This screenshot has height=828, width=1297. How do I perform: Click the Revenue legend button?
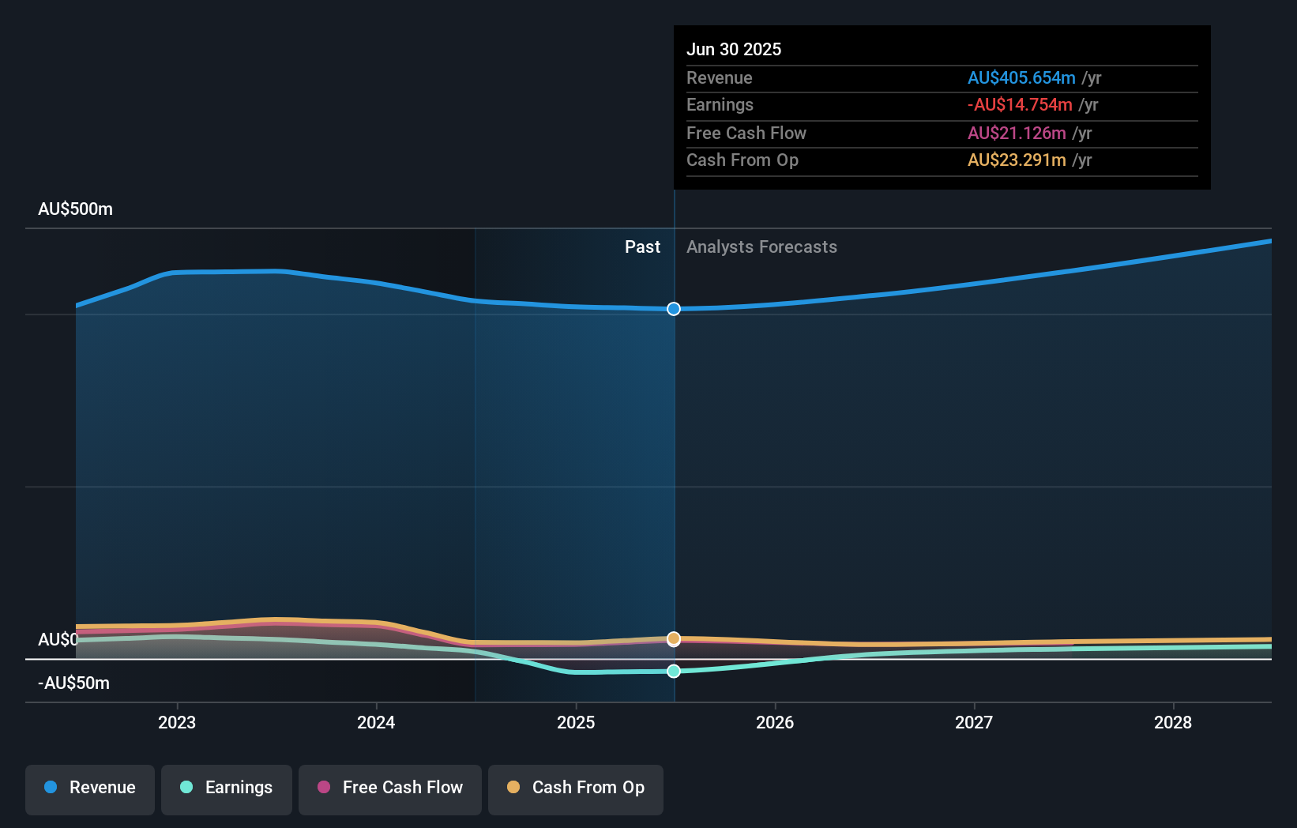coord(90,788)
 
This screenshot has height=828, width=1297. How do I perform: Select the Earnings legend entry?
coord(227,788)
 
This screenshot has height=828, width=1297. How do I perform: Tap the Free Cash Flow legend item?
coord(390,788)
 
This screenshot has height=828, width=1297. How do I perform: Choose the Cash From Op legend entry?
coord(576,788)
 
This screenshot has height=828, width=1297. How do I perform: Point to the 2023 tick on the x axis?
coord(177,722)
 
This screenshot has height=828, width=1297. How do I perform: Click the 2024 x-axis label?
coord(376,722)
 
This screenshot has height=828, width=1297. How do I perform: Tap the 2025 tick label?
coord(576,722)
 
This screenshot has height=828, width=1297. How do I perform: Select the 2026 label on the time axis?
coord(775,722)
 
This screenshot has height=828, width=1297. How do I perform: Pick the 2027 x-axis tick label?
coord(974,722)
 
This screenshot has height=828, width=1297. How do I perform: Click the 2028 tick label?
coord(1173,722)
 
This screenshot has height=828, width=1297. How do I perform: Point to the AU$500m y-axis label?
coord(75,209)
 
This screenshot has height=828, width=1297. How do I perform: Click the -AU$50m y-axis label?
coord(73,683)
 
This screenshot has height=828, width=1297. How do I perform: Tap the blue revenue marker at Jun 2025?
coord(674,309)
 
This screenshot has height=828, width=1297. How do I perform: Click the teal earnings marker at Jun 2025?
coord(674,671)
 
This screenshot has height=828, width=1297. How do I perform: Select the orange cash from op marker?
coord(674,638)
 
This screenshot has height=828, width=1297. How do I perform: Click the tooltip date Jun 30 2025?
coord(734,49)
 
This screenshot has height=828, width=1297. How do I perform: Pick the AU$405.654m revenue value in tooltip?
coord(1021,77)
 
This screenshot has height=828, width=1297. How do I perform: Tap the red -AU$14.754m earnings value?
coord(1020,105)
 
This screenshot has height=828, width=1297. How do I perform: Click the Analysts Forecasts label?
coord(761,247)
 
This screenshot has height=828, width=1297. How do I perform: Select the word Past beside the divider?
coord(642,247)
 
